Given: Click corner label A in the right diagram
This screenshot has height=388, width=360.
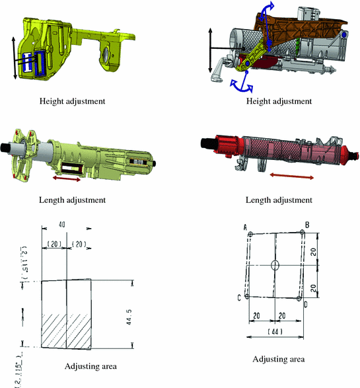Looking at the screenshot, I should pos(245,227).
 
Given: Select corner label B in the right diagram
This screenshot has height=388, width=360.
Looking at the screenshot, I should pos(307,224).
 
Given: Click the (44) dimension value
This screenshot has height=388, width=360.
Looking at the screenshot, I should pos(277,330).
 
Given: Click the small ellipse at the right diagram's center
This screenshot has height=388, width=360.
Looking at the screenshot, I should pos(276,265).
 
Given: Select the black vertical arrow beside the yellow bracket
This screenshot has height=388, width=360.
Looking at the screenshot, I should pos(15,58).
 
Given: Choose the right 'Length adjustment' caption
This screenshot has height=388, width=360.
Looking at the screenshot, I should pos(278,200).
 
